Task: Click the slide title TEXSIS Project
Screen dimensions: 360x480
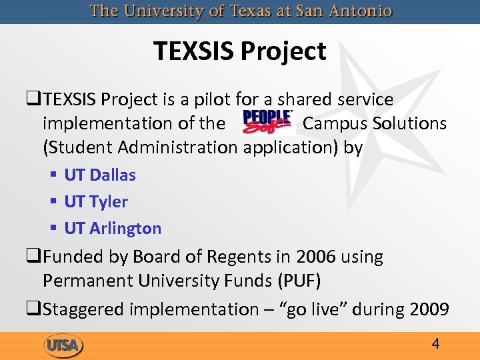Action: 239,51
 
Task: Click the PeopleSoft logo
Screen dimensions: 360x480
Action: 267,123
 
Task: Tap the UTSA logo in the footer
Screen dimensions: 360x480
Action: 63,345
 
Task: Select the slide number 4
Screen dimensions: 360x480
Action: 435,344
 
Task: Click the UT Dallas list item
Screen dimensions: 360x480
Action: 100,175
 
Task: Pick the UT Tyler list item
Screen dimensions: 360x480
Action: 96,201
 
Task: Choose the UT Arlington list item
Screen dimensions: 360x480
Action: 113,228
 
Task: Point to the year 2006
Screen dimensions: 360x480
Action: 321,257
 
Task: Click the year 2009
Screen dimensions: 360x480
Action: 427,309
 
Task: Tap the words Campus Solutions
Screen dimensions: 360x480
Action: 374,123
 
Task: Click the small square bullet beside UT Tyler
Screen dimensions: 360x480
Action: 53,201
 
